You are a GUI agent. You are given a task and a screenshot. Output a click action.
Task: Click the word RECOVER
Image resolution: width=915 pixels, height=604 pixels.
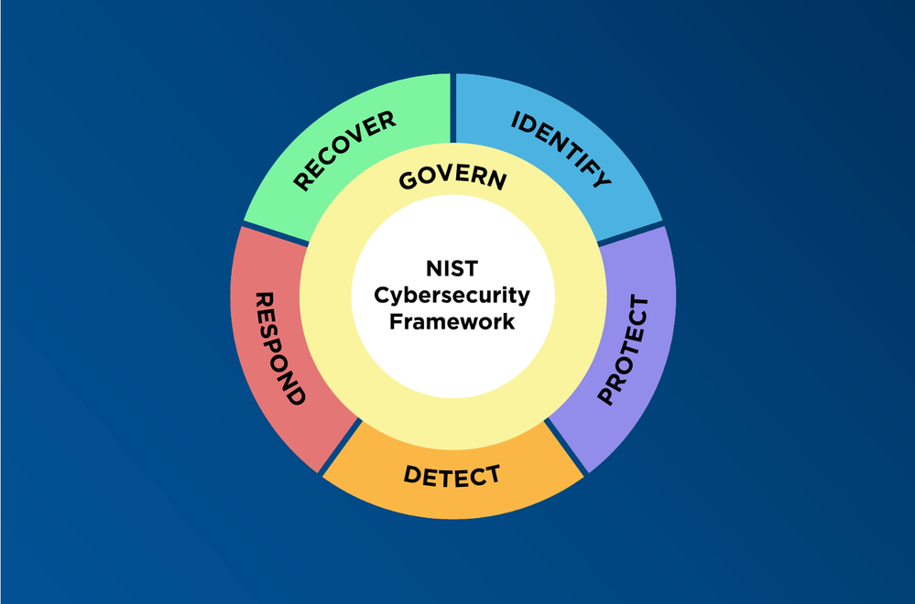(343, 150)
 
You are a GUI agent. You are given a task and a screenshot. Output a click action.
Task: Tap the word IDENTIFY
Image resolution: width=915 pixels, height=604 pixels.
(561, 148)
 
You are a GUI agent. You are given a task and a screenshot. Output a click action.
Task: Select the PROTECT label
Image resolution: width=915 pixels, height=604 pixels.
(623, 351)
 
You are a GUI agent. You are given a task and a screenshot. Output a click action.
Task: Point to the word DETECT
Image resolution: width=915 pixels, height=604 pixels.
(452, 476)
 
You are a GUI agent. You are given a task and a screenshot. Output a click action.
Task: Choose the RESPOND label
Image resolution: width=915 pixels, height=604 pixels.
(278, 349)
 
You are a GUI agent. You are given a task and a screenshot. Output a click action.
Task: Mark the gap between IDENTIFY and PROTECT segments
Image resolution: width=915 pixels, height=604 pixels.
(630, 232)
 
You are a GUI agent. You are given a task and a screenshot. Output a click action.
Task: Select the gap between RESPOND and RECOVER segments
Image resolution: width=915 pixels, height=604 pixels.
(276, 232)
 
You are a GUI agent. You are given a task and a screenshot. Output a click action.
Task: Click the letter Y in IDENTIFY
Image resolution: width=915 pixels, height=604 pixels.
(600, 178)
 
